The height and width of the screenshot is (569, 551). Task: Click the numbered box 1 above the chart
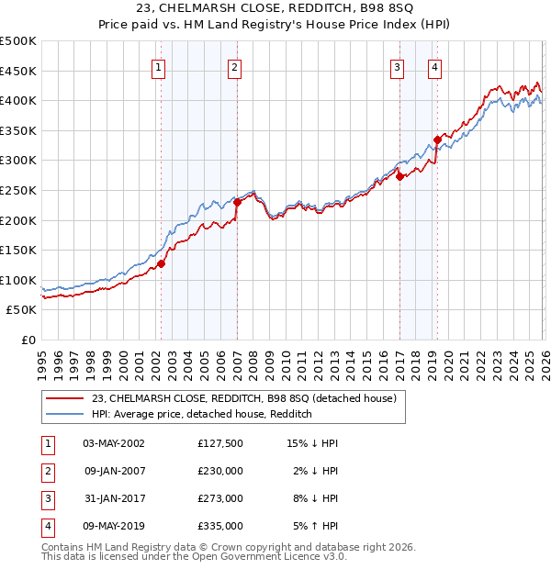[x=159, y=67]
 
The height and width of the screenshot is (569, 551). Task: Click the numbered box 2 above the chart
[x=235, y=67]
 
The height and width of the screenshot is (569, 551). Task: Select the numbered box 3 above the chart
[x=398, y=67]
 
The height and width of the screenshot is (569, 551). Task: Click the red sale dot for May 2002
[x=161, y=263]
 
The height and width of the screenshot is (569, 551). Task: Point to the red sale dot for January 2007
[x=237, y=202]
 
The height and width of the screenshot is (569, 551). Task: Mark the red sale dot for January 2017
[x=399, y=176]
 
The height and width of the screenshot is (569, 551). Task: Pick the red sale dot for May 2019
[x=437, y=139]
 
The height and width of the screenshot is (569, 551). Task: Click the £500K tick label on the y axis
[x=18, y=41]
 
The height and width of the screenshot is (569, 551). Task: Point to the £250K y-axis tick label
[x=18, y=190]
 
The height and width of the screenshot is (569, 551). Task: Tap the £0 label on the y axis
[x=28, y=340]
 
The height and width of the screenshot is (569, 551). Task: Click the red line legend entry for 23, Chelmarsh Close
[x=243, y=398]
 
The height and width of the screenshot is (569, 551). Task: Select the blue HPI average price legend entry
[x=202, y=414]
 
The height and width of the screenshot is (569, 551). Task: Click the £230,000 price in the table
[x=220, y=471]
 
